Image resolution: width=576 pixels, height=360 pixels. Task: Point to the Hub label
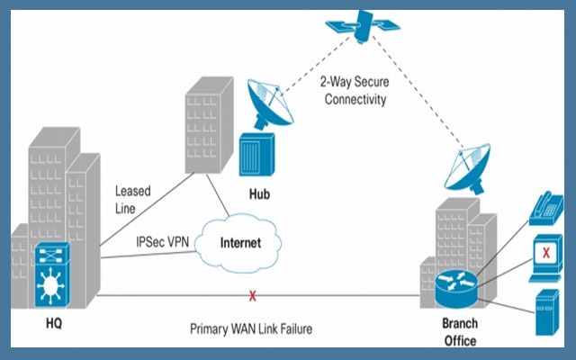point(261,193)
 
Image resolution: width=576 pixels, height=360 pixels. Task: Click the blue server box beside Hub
point(256,158)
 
